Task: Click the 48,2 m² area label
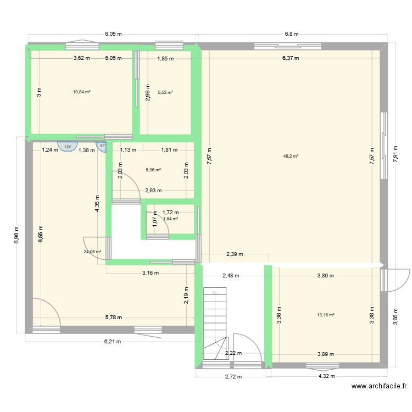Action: coord(291,156)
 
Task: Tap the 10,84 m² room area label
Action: coord(82,92)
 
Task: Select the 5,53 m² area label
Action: coord(165,92)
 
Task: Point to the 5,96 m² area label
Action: coord(153,170)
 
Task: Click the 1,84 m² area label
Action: coord(171,219)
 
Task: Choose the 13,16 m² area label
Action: coord(326,315)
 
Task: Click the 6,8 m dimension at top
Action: coord(291,34)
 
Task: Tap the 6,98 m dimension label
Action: coord(16,236)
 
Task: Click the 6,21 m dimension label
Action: coord(113,341)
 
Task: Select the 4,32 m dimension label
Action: coord(326,376)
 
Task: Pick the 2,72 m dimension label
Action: coord(230,376)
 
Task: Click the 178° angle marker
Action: coord(68,147)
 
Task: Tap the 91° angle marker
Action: coord(102,146)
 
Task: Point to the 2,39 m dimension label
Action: coord(235,254)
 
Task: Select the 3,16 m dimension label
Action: coord(150,272)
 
